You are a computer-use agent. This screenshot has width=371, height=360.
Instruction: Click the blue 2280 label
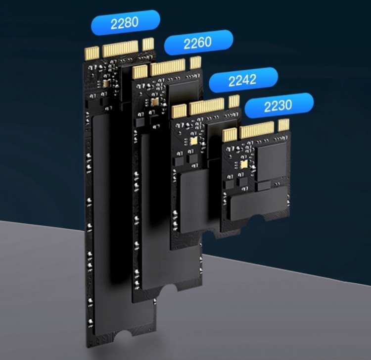click(125, 23)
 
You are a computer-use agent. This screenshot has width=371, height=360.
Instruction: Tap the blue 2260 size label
click(198, 43)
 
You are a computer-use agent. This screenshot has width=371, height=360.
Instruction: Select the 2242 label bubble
click(243, 80)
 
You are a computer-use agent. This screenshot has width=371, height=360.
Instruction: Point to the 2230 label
click(279, 105)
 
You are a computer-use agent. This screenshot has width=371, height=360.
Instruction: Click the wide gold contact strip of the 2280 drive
click(120, 49)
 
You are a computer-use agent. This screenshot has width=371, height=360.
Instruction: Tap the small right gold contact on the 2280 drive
click(147, 44)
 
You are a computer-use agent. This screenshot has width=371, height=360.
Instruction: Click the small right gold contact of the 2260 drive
click(195, 62)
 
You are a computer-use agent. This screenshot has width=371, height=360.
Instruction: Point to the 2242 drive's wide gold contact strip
click(207, 106)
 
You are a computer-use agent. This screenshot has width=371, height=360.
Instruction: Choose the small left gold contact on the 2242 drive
click(179, 111)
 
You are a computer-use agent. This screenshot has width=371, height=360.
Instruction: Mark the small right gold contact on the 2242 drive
click(234, 101)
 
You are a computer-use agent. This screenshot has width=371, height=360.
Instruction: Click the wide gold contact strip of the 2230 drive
click(257, 130)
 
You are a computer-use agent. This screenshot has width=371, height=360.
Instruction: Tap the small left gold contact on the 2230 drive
click(230, 135)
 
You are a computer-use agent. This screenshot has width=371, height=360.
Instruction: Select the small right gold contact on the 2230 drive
click(283, 125)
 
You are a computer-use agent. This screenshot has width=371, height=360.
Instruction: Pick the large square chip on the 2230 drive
click(272, 158)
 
